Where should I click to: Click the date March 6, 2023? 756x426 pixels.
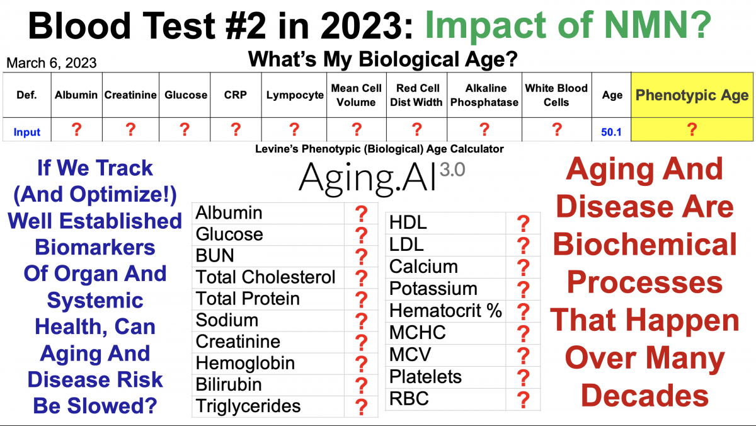click(52, 63)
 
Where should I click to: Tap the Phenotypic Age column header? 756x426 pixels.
click(692, 95)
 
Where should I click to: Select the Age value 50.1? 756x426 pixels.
click(611, 132)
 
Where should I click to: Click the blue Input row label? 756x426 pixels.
click(26, 132)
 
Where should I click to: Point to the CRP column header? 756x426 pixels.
click(235, 95)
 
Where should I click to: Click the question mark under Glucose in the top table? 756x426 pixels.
click(184, 129)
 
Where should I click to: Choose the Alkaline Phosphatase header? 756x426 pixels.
click(484, 95)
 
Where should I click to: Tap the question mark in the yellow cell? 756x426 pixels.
click(692, 129)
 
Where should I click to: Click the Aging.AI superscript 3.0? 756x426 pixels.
click(452, 170)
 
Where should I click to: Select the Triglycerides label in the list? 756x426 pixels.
click(248, 406)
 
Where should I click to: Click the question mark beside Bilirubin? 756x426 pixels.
click(361, 386)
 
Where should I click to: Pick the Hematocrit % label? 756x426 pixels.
click(445, 311)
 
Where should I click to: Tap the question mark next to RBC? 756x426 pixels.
click(523, 400)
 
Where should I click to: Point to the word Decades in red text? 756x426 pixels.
click(644, 396)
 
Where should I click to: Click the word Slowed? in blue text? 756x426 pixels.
click(112, 406)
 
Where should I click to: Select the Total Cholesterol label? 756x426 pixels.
click(265, 277)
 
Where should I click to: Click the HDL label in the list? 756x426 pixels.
click(408, 223)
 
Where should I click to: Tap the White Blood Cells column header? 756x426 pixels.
click(556, 95)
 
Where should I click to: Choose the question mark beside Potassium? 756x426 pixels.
click(523, 290)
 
